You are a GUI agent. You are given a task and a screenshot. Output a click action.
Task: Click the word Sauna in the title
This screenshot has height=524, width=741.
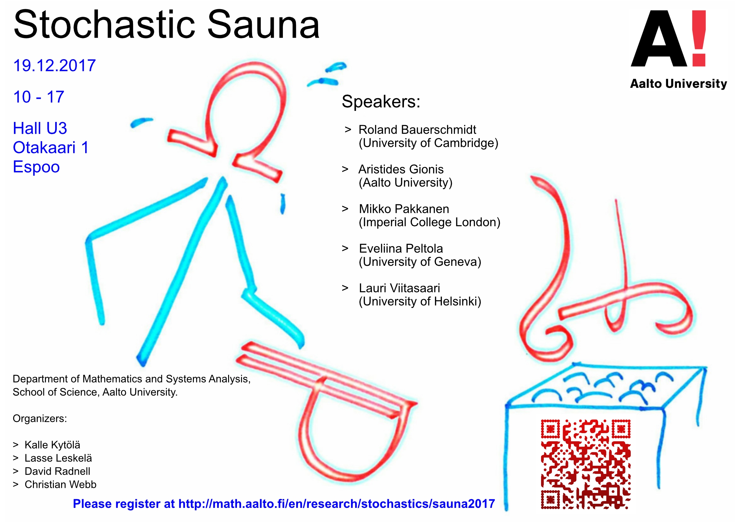click(263, 24)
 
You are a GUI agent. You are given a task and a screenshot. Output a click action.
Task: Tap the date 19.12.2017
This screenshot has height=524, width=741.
click(54, 66)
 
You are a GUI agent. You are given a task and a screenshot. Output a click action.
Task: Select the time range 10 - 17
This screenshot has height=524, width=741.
click(39, 97)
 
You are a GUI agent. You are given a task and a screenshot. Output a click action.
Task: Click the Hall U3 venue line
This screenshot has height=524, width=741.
click(40, 128)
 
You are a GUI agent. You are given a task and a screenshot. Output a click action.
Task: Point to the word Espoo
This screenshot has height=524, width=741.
click(36, 167)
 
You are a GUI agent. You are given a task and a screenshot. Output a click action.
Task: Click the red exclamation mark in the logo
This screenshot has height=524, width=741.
click(699, 38)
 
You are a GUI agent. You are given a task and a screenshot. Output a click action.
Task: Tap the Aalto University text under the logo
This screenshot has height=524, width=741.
click(678, 84)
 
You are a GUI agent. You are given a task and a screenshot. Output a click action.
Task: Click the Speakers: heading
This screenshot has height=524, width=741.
click(381, 101)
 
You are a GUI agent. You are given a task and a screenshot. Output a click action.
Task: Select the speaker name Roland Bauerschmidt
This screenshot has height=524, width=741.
click(417, 130)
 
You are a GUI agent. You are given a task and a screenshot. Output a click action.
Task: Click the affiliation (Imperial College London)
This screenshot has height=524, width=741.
click(430, 222)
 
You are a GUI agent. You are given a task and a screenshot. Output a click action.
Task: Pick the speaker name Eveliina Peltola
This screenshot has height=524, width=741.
click(401, 248)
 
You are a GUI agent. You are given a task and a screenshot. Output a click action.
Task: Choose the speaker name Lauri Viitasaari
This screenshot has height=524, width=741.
click(399, 288)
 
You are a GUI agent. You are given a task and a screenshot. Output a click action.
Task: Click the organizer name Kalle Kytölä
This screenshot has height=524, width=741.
click(52, 445)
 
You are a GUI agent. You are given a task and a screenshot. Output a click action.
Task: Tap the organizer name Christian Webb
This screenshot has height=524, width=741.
click(61, 485)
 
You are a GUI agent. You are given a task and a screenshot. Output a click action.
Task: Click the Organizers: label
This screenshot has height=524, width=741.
click(40, 419)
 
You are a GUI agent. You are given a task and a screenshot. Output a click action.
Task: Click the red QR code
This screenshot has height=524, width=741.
click(586, 464)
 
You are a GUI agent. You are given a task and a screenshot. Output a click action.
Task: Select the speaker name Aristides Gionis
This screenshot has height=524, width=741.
click(401, 169)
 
